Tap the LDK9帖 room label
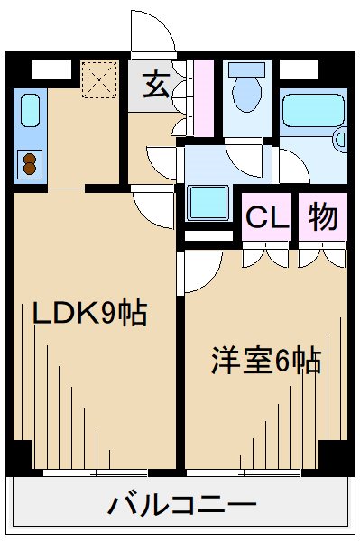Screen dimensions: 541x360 coord(90,314)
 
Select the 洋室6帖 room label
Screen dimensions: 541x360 coord(266,361)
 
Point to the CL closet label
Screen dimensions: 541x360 coord(266,217)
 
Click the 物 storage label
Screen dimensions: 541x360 coord(323,216)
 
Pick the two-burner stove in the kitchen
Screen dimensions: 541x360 coord(31,164)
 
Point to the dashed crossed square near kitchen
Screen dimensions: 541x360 coord(99,78)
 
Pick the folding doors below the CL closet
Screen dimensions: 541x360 coord(266,255)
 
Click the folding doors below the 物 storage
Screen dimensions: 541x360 coord(322,255)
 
